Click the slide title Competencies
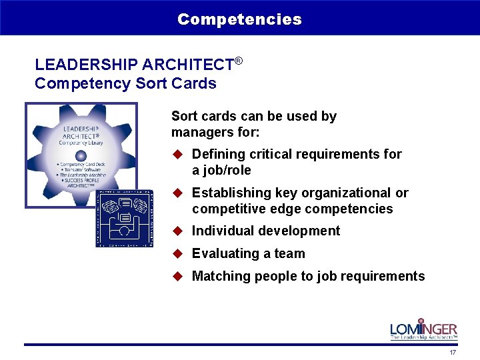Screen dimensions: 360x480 (239, 19)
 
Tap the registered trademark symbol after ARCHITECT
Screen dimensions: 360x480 (238, 61)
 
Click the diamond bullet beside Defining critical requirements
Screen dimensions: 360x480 (178, 154)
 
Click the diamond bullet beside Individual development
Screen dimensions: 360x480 (178, 231)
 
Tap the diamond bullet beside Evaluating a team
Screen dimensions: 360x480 (178, 253)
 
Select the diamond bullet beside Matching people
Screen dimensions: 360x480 (178, 276)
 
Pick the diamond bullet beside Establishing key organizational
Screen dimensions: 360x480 (178, 193)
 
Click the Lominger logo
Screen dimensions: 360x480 (424, 329)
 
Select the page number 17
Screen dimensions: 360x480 (453, 352)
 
